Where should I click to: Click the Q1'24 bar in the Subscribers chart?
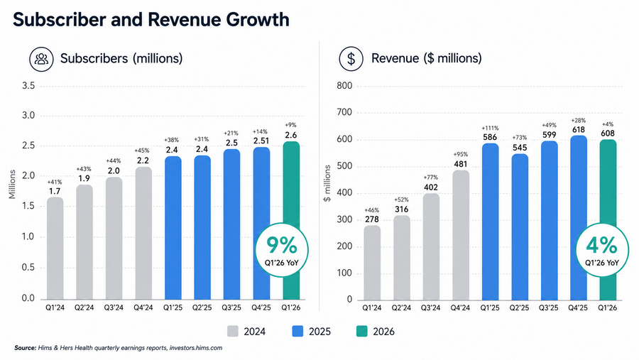click(x=55, y=249)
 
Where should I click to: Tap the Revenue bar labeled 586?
click(x=490, y=222)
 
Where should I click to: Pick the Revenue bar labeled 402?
click(x=431, y=246)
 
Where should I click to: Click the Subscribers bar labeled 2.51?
click(x=261, y=224)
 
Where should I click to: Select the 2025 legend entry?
click(x=312, y=332)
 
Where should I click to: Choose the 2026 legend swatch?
click(x=361, y=332)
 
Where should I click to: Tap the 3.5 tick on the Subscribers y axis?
click(x=28, y=86)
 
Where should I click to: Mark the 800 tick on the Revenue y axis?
click(x=344, y=86)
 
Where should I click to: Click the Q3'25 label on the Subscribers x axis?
click(x=231, y=307)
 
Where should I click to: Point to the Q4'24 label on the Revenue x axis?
click(x=460, y=307)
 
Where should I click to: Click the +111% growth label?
click(x=490, y=128)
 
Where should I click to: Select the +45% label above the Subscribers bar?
click(x=143, y=151)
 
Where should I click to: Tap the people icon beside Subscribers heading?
click(x=41, y=59)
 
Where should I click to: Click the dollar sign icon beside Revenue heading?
click(x=351, y=59)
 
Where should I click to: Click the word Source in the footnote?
click(x=26, y=348)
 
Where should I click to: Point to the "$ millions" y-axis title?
click(x=327, y=183)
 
